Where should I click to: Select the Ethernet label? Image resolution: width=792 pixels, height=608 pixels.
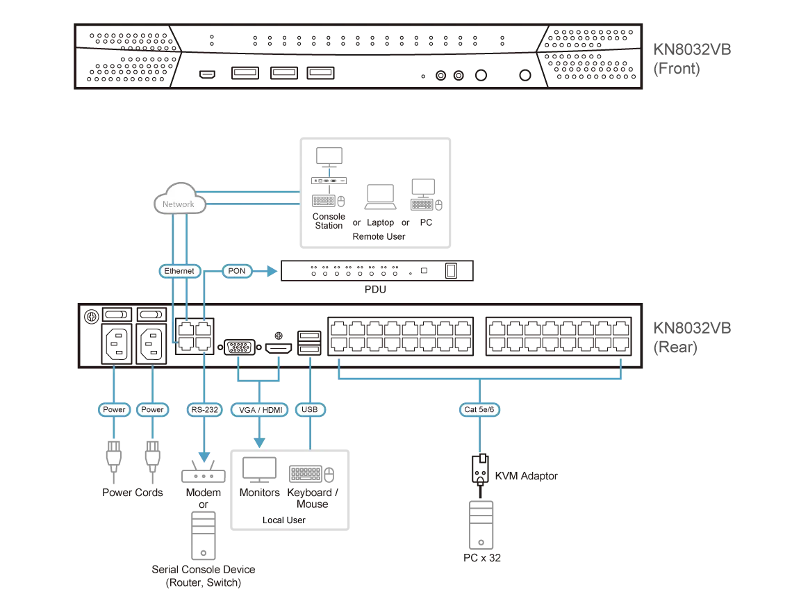(180, 271)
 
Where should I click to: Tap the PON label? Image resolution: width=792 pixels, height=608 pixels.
(237, 271)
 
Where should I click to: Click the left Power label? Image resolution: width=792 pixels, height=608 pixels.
(114, 410)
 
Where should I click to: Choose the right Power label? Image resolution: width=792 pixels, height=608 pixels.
(152, 410)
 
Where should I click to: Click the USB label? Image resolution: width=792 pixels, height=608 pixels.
(309, 410)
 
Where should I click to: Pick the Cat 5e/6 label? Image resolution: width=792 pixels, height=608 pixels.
(479, 410)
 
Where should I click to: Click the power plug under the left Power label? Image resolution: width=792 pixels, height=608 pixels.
(114, 455)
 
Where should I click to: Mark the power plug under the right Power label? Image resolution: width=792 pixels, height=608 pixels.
(152, 455)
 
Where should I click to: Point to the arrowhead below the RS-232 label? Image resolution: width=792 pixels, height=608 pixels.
(204, 457)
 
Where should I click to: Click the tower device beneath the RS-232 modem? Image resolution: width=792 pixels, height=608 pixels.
(203, 533)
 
